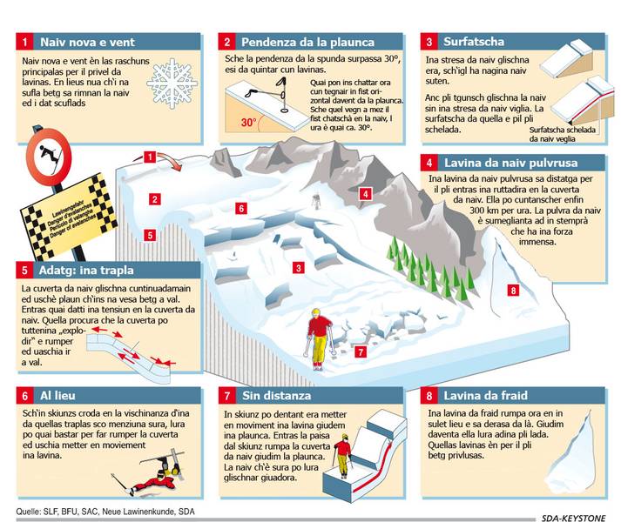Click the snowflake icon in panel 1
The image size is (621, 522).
172,84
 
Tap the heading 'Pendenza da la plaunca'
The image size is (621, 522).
307,42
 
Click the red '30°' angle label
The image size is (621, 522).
249,123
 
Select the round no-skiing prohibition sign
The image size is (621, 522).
49,157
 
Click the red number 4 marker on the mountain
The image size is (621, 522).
365,194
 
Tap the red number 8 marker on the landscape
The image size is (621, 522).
513,291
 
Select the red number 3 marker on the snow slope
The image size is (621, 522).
298,268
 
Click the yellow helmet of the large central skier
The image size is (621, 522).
316,312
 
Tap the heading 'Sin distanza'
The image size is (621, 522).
276,395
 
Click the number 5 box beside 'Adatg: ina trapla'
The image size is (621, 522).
24,271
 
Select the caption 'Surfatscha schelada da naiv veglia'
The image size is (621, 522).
562,134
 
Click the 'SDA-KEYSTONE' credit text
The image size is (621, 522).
573,518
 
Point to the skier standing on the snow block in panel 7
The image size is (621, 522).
342,456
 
